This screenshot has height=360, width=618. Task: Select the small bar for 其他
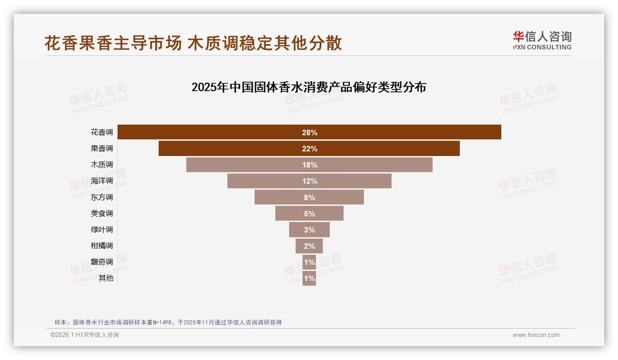click(x=309, y=278)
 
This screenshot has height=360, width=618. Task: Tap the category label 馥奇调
click(x=102, y=262)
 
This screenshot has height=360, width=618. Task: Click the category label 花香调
click(x=102, y=132)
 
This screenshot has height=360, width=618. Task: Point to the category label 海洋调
click(x=102, y=181)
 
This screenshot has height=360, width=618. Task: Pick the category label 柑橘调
click(x=102, y=246)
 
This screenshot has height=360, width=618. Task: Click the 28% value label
click(x=309, y=132)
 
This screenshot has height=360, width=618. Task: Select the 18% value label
click(x=309, y=165)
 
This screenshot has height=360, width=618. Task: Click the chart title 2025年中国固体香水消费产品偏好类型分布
click(x=309, y=87)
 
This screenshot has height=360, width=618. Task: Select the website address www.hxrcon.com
click(x=536, y=335)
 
